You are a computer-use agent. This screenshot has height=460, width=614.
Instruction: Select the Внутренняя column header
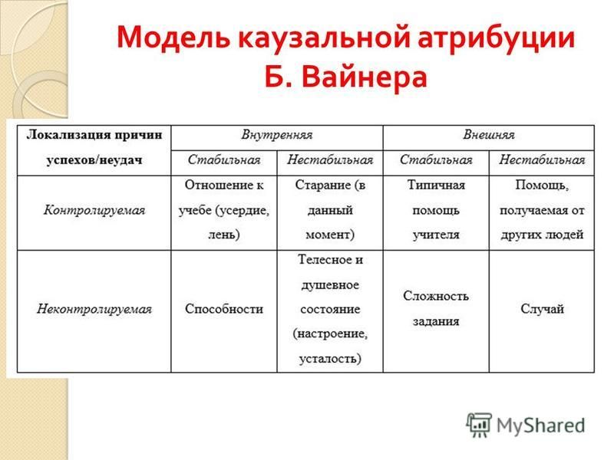pos(277,136)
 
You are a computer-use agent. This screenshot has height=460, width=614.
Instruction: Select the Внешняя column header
pos(488,136)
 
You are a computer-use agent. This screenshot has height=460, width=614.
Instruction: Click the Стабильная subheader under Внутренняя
pos(224,160)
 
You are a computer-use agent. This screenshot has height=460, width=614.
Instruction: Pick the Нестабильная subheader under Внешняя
pos(542,160)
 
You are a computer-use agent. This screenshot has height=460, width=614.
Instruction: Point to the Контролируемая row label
pos(94,210)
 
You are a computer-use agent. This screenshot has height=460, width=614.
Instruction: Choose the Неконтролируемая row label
pos(94,310)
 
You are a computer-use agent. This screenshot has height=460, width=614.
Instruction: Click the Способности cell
pos(224,309)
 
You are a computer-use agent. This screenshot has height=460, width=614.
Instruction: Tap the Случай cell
pos(542,309)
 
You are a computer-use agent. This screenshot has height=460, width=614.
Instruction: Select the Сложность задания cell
pos(436,309)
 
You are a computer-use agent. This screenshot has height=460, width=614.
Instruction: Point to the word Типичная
pos(436,185)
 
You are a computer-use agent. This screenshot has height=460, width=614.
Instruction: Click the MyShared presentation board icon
pos(479,425)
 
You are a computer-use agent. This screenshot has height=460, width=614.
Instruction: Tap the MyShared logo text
pos(540,426)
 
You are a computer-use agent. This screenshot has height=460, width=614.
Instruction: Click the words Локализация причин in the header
pos(94,135)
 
